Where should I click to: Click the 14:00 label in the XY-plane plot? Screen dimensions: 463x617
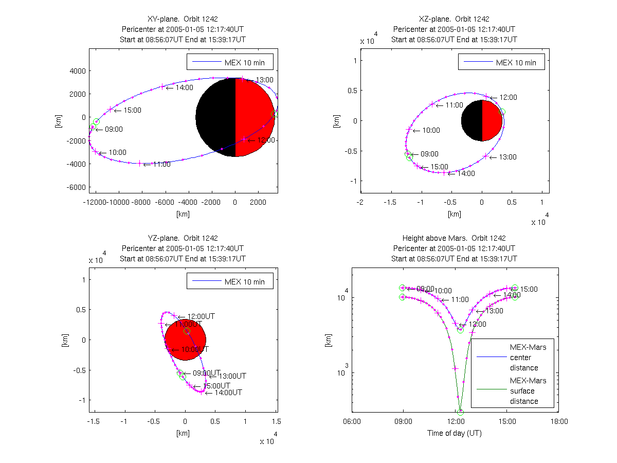pos(184,87)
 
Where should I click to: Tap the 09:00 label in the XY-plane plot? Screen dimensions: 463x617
pos(114,129)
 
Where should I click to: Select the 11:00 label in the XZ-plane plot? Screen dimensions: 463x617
pos(455,105)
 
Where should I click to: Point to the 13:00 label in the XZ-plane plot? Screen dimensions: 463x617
pos(507,157)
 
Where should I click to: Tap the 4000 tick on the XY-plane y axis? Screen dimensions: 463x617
pos(77,71)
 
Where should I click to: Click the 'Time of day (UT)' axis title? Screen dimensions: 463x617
pos(455,433)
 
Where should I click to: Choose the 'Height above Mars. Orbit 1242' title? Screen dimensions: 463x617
pos(455,238)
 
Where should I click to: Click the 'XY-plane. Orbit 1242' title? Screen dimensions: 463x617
pos(183,19)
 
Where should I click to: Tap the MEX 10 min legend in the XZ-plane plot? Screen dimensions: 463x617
pos(501,63)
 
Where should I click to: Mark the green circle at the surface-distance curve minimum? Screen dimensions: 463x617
pos(460,412)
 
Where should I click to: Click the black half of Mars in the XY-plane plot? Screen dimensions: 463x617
pos(216,117)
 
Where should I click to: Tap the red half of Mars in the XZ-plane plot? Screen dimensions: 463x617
pos(492,120)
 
